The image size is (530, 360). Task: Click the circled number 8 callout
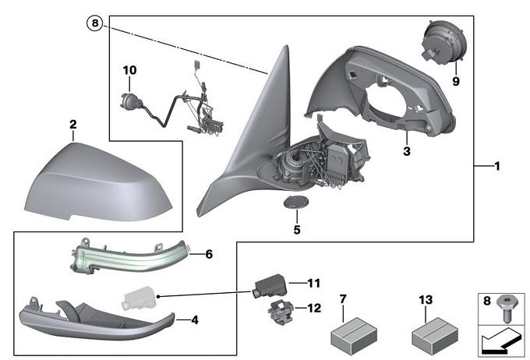click(x=95, y=23)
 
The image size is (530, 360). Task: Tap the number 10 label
click(x=129, y=71)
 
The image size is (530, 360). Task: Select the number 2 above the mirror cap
click(x=72, y=125)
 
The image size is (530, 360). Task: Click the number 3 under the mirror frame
click(x=406, y=150)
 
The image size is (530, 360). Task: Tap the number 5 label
click(x=296, y=230)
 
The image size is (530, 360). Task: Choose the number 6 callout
click(x=208, y=254)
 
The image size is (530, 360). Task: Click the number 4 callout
click(x=194, y=319)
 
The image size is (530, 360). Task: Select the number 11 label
click(x=313, y=282)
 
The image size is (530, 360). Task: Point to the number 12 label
click(x=313, y=308)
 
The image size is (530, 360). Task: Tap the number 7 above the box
click(x=343, y=298)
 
